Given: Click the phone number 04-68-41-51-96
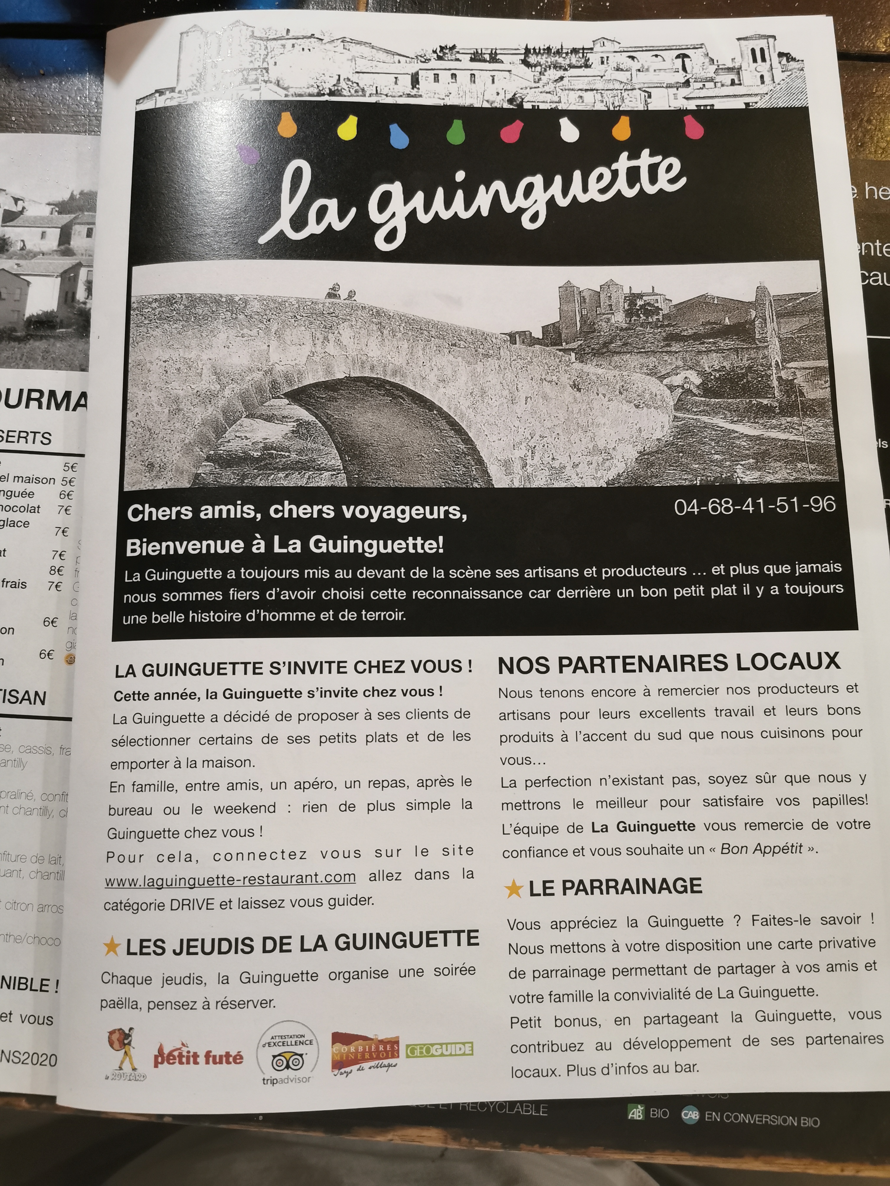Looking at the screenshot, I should [x=754, y=505].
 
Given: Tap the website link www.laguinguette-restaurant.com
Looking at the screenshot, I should [x=230, y=879].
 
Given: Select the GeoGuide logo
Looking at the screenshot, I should [x=439, y=1049].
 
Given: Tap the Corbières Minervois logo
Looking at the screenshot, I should [x=365, y=1052].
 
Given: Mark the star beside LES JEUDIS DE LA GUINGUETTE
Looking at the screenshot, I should [x=112, y=947].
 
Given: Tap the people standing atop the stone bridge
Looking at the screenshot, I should [x=340, y=292].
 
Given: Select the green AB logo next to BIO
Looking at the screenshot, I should [x=635, y=1113].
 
